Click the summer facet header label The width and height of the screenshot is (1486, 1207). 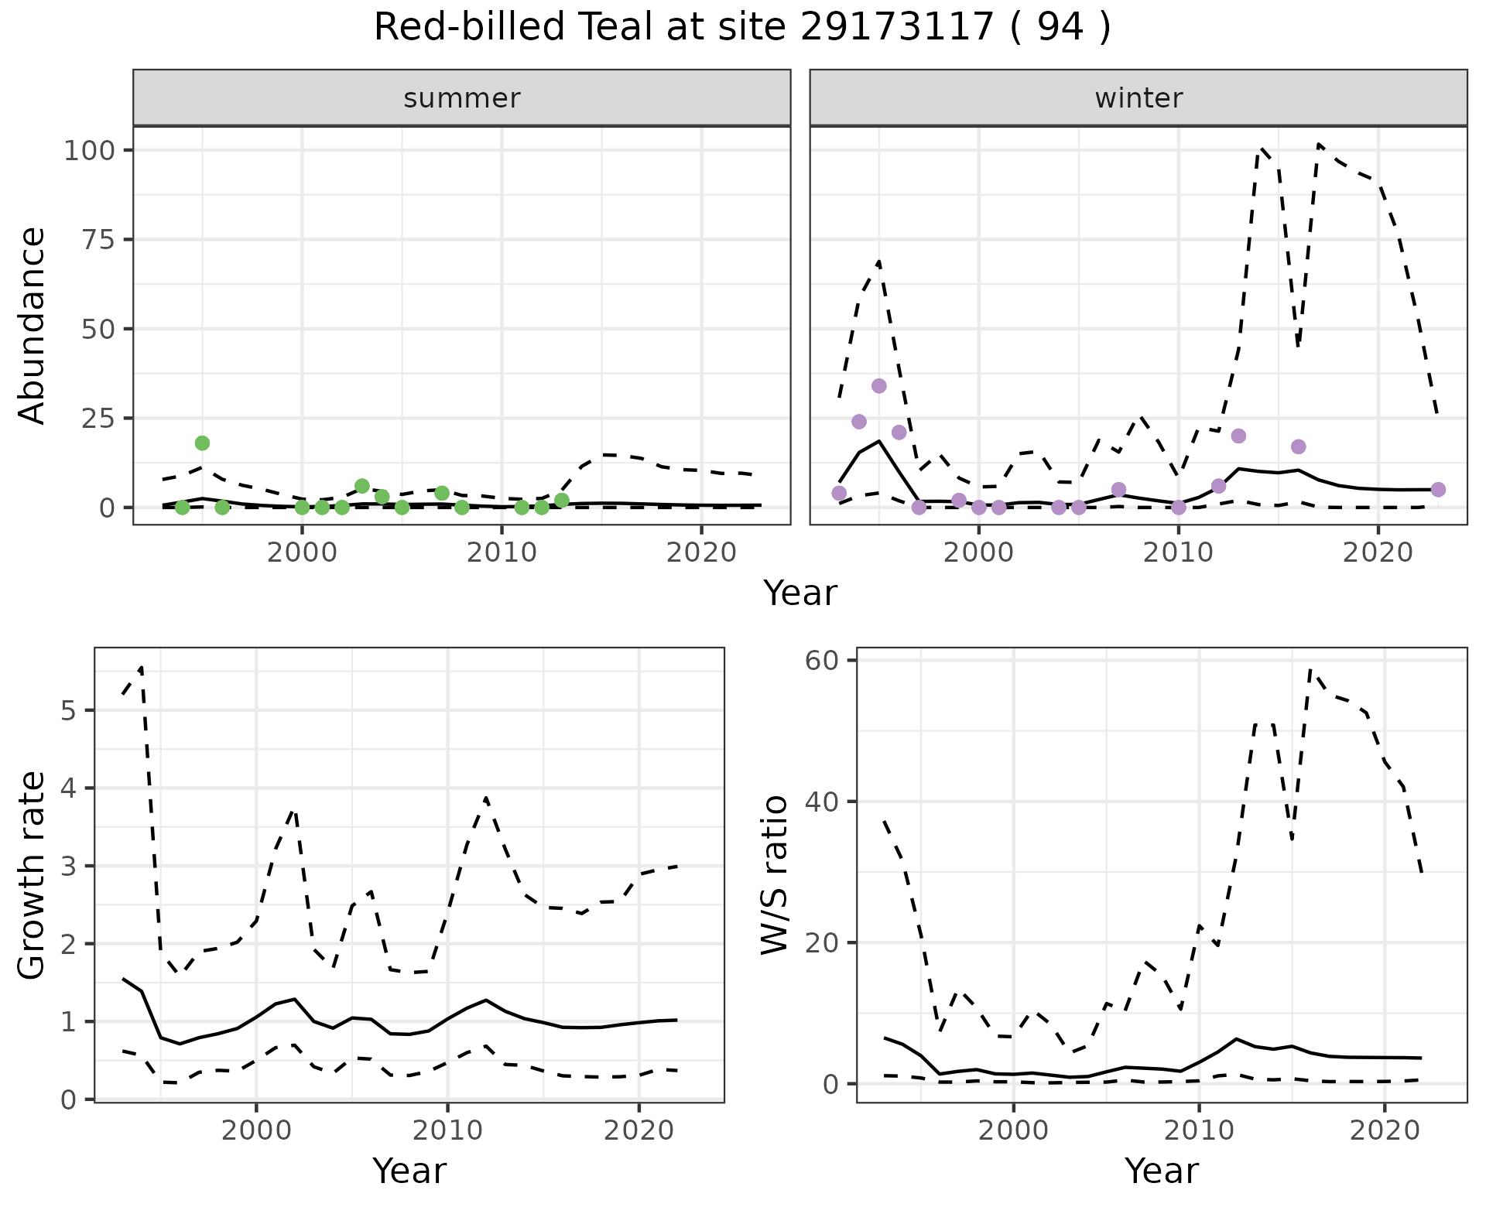462,98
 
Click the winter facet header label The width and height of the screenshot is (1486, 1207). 1138,98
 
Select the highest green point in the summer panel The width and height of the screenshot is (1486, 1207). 202,443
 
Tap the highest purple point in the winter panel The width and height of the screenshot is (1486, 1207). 878,386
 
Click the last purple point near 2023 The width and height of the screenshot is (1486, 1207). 1438,490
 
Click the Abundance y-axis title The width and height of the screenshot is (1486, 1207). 33,325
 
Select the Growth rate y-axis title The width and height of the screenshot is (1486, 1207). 33,875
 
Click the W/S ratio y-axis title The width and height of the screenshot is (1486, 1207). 774,875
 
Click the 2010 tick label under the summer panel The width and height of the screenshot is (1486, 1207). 502,553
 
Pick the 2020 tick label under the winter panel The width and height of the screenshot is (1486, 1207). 1378,553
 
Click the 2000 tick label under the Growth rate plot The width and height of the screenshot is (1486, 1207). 255,1130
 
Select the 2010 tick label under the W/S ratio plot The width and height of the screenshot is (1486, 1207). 1199,1130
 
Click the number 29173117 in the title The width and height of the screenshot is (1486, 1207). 896,28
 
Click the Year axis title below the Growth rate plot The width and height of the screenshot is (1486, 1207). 409,1171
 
